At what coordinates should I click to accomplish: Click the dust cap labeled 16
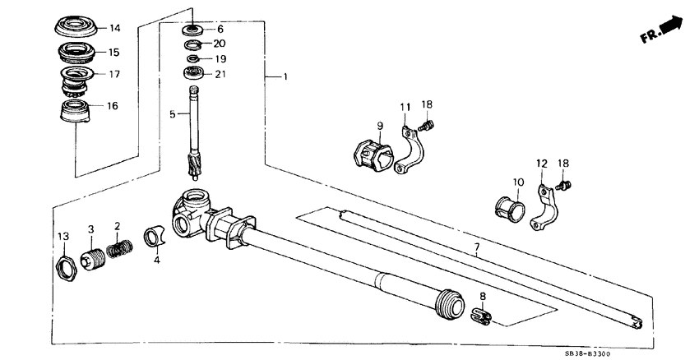coord(76,113)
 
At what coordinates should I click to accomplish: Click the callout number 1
coord(285,77)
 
